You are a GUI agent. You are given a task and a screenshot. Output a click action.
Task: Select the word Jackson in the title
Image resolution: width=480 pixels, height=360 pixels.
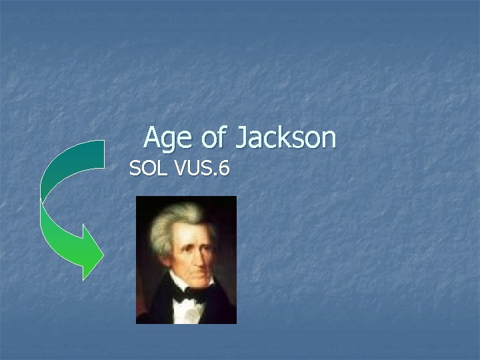(x=285, y=139)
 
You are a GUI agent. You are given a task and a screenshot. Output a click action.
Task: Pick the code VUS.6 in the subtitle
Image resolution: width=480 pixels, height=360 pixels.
(x=202, y=169)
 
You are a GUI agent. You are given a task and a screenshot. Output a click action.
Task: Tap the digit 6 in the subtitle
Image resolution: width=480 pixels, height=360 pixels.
(x=224, y=169)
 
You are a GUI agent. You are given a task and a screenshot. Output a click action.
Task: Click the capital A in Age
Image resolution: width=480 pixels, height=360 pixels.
(x=152, y=139)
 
